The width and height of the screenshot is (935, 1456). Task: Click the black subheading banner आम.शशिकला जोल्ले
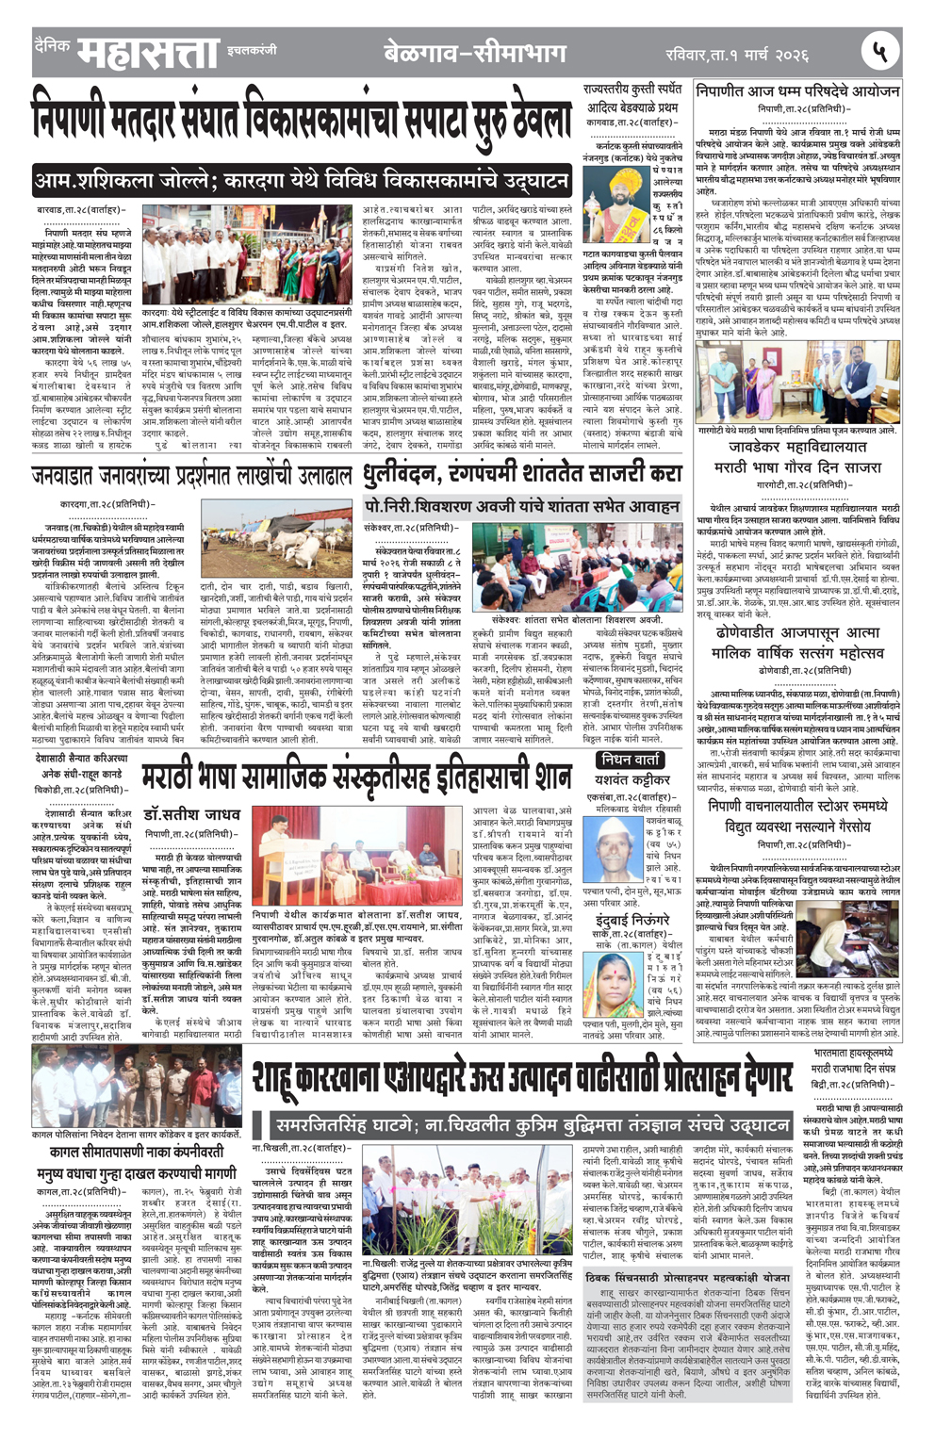coord(301,180)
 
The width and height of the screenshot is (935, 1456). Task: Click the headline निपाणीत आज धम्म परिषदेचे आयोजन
coord(797,92)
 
